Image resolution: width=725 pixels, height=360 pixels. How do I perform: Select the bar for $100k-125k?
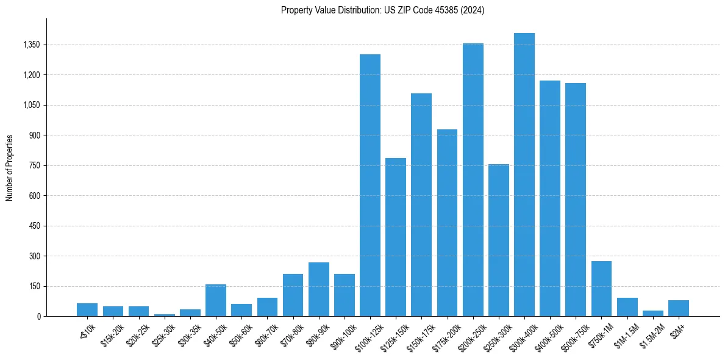(x=370, y=185)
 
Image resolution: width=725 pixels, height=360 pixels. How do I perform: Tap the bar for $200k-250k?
(x=473, y=180)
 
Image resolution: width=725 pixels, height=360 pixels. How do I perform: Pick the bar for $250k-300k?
(x=499, y=240)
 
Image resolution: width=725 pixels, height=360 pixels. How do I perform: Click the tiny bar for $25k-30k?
(x=165, y=315)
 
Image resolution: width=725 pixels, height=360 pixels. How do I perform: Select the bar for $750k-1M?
(x=601, y=289)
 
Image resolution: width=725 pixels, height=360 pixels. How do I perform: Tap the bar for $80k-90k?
(x=319, y=289)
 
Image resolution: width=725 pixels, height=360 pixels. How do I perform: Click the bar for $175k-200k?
(x=447, y=223)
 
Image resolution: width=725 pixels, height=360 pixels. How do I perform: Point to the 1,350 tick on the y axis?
(x=31, y=45)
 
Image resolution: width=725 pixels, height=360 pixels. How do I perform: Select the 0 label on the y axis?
(x=39, y=317)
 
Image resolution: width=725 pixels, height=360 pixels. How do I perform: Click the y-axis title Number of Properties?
(x=9, y=167)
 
